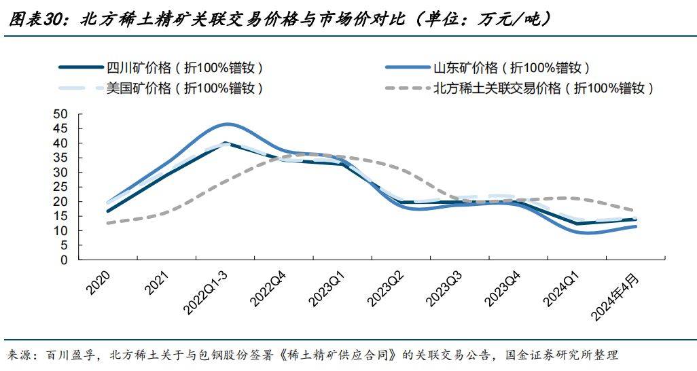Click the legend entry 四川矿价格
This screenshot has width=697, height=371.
pyautogui.click(x=184, y=68)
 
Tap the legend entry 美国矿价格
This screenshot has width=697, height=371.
pyautogui.click(x=184, y=88)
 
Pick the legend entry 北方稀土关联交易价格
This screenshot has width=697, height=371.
pyautogui.click(x=543, y=88)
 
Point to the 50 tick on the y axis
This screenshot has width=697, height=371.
pyautogui.click(x=60, y=114)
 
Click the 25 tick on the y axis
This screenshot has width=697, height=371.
pyautogui.click(x=60, y=187)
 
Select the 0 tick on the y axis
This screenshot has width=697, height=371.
pyautogui.click(x=65, y=260)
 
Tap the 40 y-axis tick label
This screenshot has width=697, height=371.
pyautogui.click(x=60, y=143)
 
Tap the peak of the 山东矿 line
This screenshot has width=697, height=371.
pyautogui.click(x=227, y=124)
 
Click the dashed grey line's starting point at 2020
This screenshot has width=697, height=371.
pyautogui.click(x=108, y=223)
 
